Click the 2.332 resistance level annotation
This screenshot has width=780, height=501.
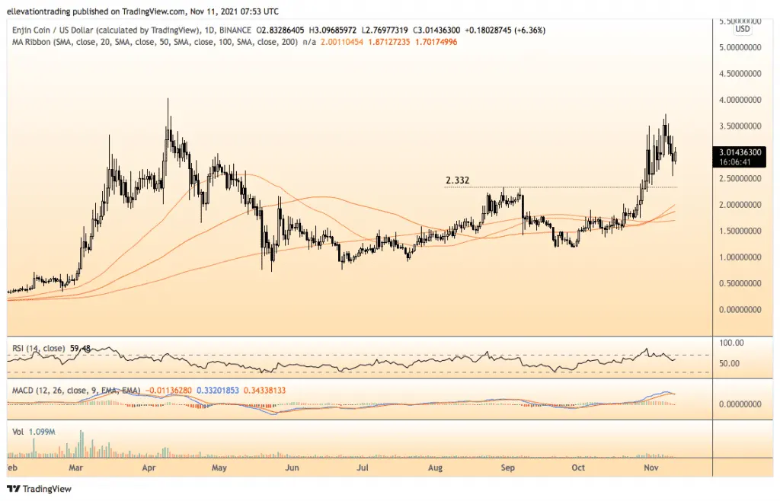(x=457, y=180)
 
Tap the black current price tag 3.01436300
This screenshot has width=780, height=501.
(x=740, y=152)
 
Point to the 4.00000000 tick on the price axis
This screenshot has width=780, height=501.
(x=740, y=100)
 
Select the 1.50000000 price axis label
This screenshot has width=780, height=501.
(x=740, y=231)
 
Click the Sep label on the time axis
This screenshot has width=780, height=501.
(x=507, y=467)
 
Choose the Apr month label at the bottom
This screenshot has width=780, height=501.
(x=149, y=467)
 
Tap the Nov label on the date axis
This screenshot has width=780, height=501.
(x=651, y=467)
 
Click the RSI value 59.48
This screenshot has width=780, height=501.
(x=80, y=349)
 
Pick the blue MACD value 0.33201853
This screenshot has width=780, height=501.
(x=218, y=391)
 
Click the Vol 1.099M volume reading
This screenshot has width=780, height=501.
(x=34, y=432)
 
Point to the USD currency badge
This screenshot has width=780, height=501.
(x=742, y=29)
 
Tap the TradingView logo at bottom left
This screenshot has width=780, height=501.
(x=40, y=489)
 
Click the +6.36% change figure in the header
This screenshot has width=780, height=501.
(x=532, y=30)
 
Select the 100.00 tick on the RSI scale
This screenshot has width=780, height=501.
(x=731, y=343)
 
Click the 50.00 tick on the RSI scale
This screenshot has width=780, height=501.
(x=729, y=363)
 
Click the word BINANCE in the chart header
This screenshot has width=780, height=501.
(x=235, y=30)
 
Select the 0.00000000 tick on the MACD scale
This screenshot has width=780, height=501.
(x=740, y=404)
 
